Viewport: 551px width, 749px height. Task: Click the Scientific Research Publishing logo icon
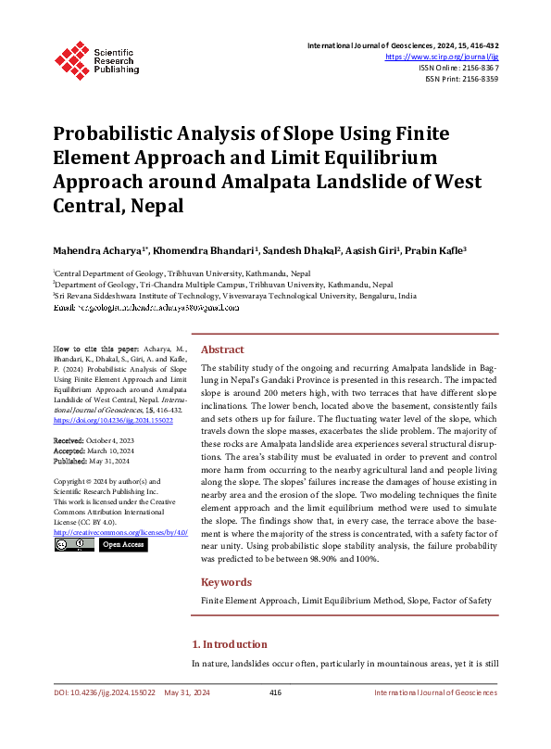[x=71, y=57]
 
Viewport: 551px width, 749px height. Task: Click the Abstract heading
[x=222, y=349]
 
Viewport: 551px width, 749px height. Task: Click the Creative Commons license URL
[x=120, y=533]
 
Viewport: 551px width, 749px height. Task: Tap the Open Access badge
[x=122, y=545]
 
